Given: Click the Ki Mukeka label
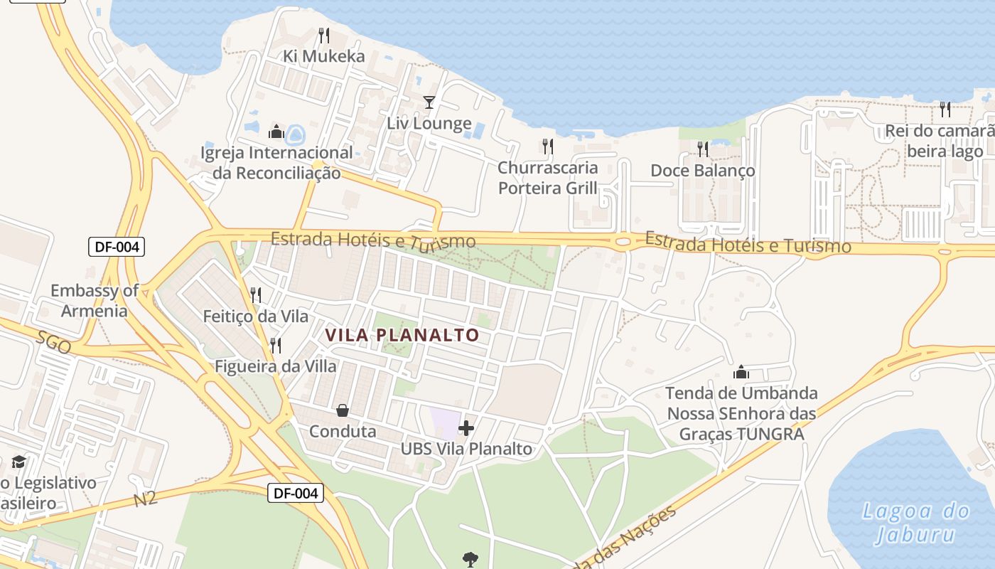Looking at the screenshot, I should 323,56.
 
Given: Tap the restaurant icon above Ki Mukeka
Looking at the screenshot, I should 324,35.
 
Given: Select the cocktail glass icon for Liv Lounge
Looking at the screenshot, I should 429,102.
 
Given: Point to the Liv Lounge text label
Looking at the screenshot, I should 429,123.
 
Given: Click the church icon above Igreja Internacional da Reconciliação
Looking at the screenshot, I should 276,132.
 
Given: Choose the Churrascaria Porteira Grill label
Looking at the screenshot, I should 547,178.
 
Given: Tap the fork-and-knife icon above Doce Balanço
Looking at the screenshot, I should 703,149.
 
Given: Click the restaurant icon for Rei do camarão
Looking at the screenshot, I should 945,110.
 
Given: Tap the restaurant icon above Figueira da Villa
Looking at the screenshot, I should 276,346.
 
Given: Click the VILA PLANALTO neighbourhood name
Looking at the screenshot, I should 402,334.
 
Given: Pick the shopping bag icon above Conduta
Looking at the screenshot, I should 343,410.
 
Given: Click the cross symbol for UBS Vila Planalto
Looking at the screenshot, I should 466,428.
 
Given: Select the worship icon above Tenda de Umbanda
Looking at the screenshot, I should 741,372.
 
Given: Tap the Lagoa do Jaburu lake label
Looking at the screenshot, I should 915,522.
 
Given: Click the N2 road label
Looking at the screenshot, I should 146,499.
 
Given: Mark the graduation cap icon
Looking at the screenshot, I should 18,462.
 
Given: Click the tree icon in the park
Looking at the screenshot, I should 470,560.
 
